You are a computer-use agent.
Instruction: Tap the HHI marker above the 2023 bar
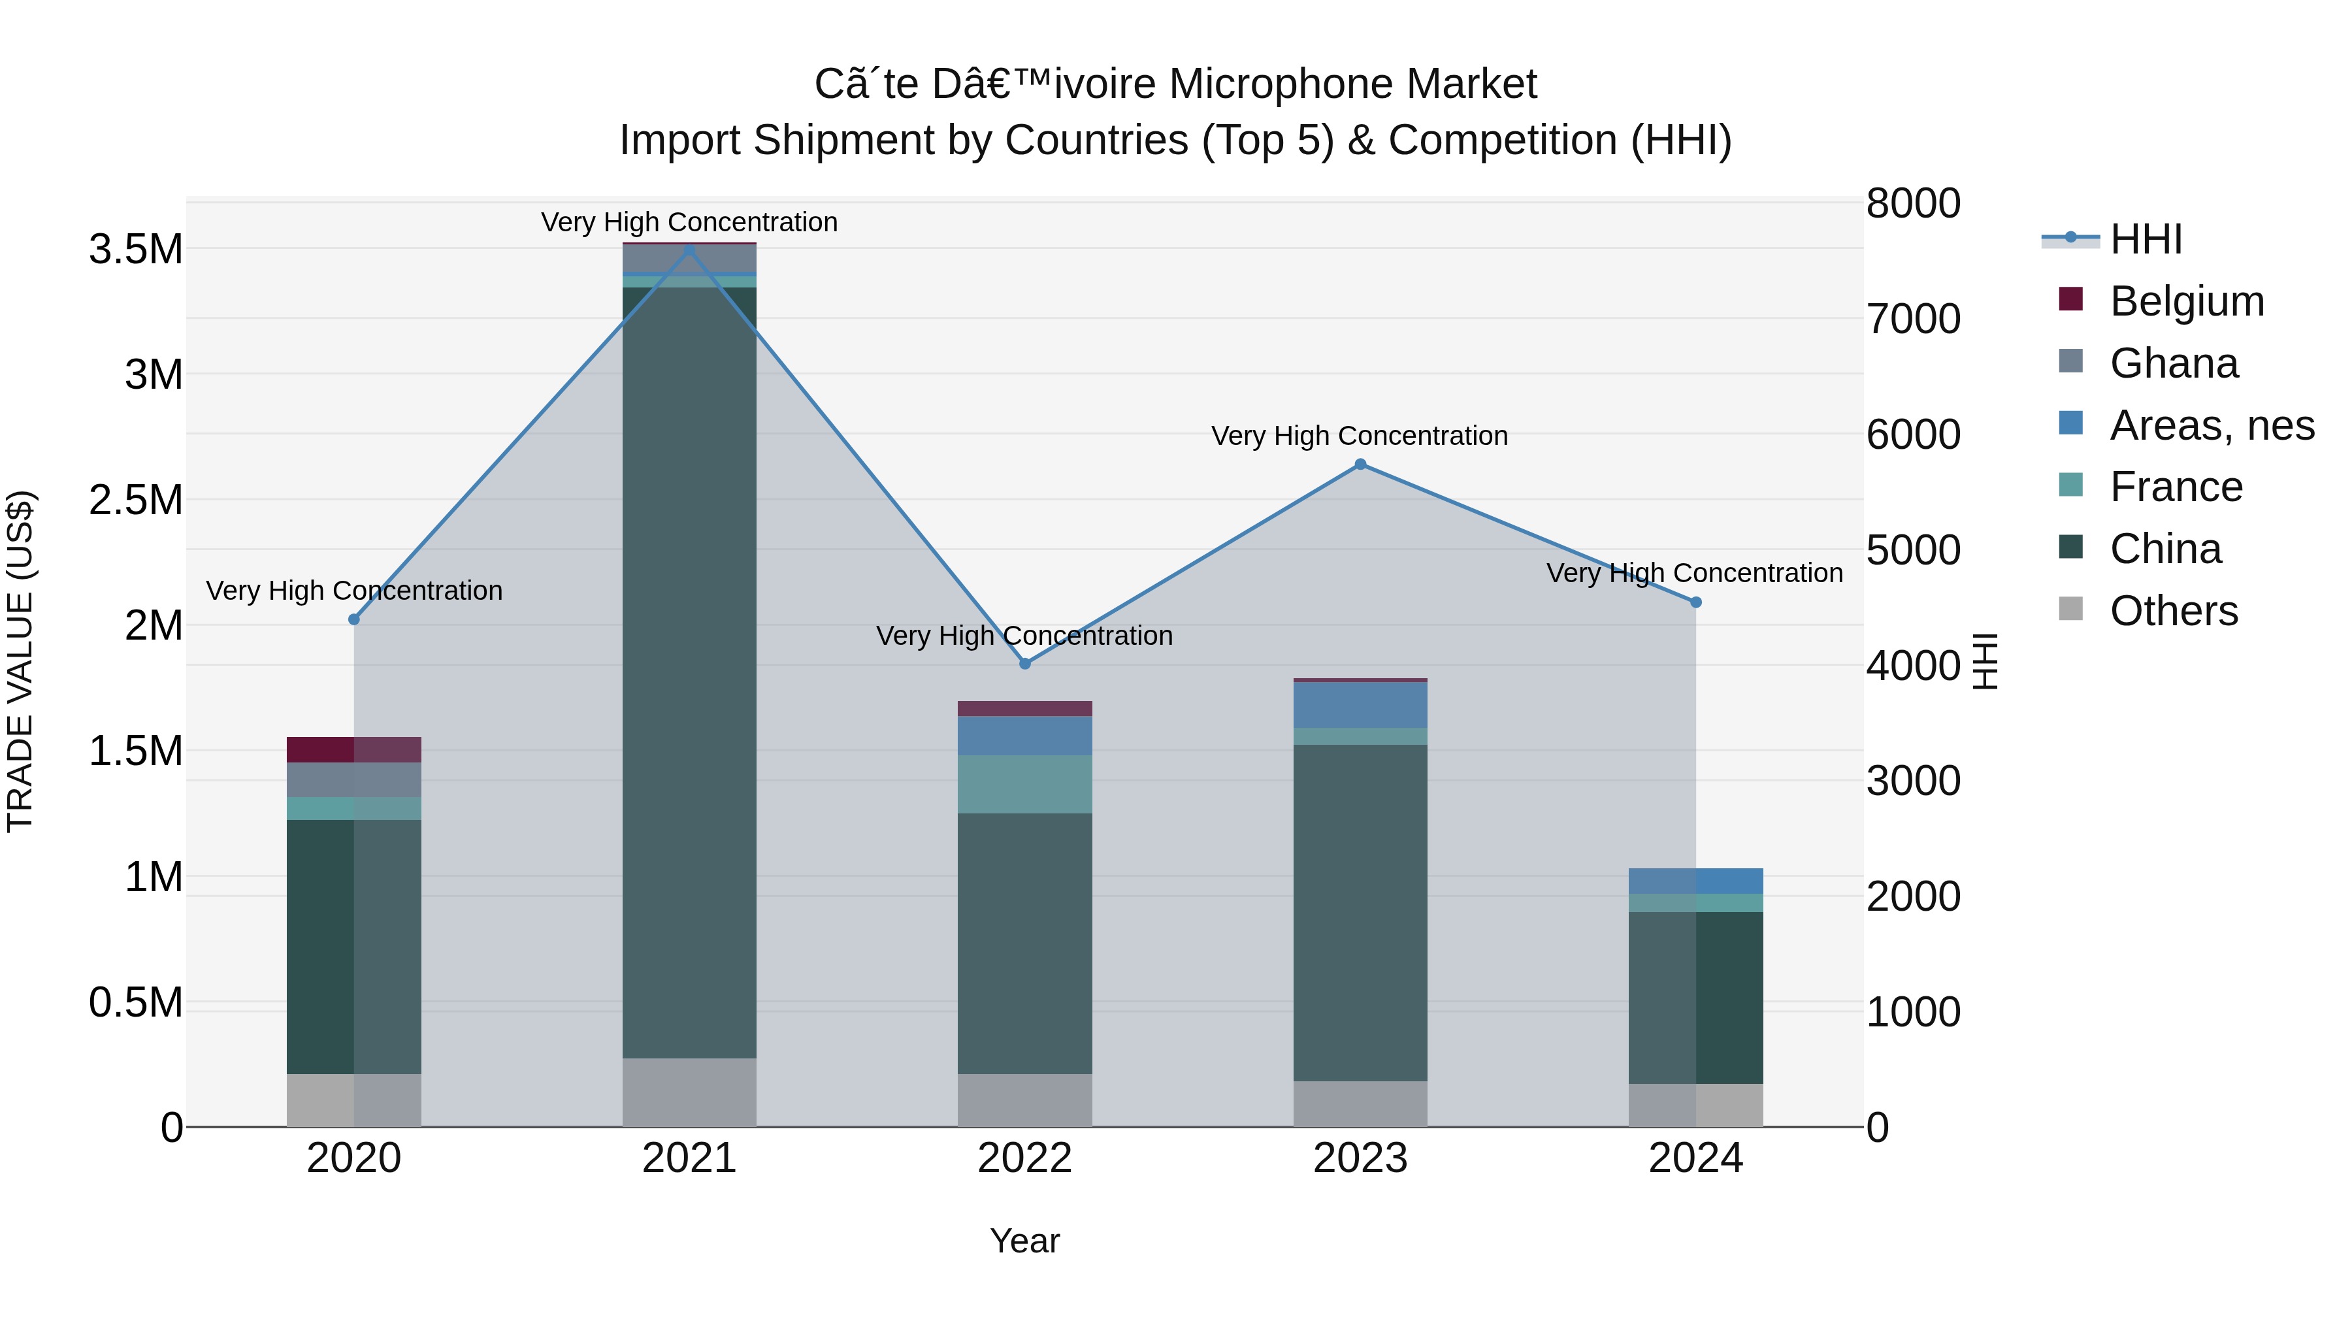point(1360,464)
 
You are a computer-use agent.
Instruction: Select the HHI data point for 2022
point(1024,664)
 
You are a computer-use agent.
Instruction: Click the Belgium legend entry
point(2186,301)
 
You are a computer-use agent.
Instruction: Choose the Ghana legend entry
point(2173,363)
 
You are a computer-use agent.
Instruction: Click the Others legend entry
point(2173,611)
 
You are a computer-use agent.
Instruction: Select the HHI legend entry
point(2146,239)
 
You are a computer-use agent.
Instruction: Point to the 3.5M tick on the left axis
point(135,250)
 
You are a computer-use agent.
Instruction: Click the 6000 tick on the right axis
point(1913,434)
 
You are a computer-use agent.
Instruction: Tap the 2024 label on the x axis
point(1695,1158)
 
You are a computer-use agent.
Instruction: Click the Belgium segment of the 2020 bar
point(353,749)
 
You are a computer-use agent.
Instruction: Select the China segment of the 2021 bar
point(689,671)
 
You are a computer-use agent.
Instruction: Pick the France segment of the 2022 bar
point(1024,783)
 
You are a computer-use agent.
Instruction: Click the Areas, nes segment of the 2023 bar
point(1360,704)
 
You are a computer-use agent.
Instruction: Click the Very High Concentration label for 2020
point(354,591)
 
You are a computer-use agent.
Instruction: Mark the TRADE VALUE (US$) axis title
point(20,661)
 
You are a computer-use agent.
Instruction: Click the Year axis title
point(1024,1241)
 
